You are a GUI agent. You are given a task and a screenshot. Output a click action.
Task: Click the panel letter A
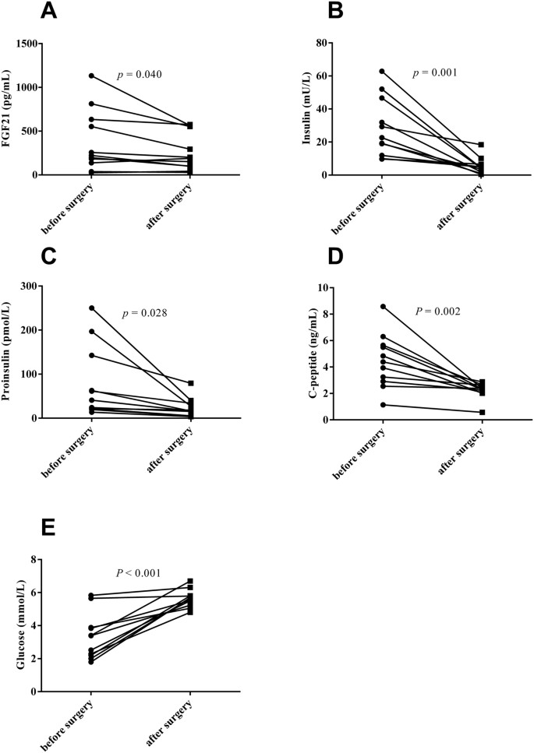click(49, 12)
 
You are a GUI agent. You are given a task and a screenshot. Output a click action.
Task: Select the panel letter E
click(48, 530)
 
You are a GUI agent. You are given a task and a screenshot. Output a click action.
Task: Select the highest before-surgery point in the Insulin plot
click(382, 72)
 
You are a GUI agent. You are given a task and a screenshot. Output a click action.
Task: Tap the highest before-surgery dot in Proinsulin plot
click(91, 308)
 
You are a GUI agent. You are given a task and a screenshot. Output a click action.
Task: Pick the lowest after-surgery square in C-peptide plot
click(482, 412)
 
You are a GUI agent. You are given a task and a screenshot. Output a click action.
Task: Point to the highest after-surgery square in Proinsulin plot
click(191, 383)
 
